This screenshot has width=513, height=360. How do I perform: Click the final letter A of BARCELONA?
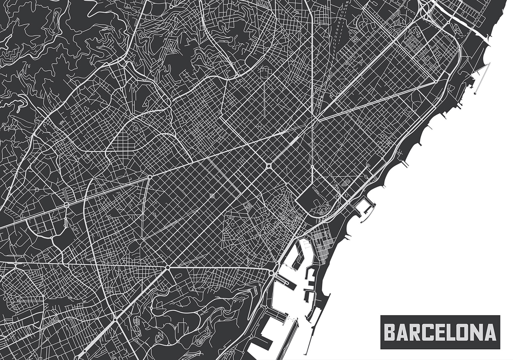pyautogui.click(x=490, y=332)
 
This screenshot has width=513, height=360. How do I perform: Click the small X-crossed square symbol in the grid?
pyautogui.click(x=212, y=196)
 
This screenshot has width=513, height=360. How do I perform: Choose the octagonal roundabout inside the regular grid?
pyautogui.click(x=269, y=165)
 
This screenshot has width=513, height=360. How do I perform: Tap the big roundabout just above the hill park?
pyautogui.click(x=168, y=268)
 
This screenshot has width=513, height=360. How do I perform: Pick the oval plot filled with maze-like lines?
pyautogui.click(x=136, y=128)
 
